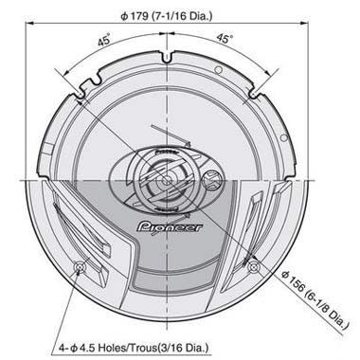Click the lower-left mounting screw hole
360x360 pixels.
(x=80, y=268)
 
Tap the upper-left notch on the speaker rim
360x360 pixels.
(x=83, y=90)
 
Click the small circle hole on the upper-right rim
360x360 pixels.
(x=219, y=72)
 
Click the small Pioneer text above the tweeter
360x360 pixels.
(x=167, y=147)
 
